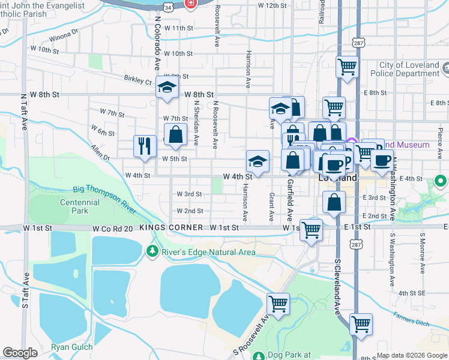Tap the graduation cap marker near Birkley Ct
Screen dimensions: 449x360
[x=166, y=87]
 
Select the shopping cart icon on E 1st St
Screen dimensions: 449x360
[x=311, y=229]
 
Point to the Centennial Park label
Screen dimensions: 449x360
[x=79, y=207]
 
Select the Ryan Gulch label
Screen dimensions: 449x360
[x=71, y=347]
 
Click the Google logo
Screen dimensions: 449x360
[x=20, y=353]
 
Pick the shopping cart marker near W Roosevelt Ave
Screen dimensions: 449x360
[x=278, y=304]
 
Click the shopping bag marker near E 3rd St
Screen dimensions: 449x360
[x=333, y=202]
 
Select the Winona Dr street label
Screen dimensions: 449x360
[x=64, y=36]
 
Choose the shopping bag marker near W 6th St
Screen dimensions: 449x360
[x=175, y=135]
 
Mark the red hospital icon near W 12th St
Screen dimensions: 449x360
[x=191, y=4]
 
